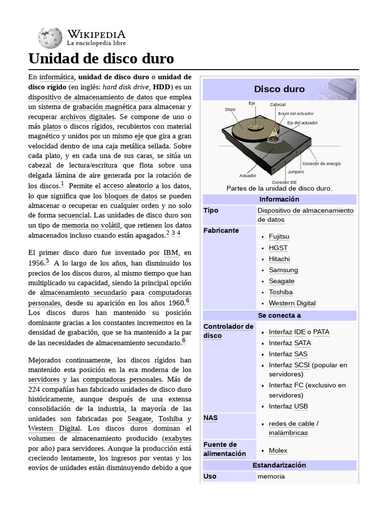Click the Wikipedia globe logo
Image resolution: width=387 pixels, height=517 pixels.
click(x=50, y=37)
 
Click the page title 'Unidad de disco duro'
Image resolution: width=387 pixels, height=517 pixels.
click(x=101, y=59)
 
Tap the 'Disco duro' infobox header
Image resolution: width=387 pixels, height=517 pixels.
click(x=279, y=89)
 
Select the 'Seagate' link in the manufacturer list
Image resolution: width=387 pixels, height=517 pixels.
click(x=282, y=281)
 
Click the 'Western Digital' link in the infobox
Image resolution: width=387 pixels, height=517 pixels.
click(x=292, y=303)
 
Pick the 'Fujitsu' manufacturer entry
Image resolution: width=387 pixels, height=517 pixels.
click(x=279, y=236)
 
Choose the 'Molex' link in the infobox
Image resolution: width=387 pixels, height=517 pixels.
click(x=278, y=450)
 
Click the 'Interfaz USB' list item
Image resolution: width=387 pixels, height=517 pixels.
click(x=288, y=406)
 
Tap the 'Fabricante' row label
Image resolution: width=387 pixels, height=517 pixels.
click(x=221, y=230)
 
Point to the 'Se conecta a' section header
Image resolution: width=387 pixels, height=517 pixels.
click(x=279, y=316)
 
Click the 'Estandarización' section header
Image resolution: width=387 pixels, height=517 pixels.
click(x=279, y=465)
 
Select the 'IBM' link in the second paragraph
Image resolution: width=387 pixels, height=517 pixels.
click(x=170, y=252)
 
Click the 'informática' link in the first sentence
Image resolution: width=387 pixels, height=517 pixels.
click(x=57, y=77)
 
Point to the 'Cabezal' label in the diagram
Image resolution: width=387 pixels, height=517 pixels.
click(x=278, y=105)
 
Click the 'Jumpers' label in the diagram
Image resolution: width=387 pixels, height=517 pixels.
click(x=296, y=172)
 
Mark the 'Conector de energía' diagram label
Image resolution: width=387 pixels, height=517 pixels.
click(x=321, y=164)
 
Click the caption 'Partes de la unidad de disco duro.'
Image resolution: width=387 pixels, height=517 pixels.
click(x=279, y=188)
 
